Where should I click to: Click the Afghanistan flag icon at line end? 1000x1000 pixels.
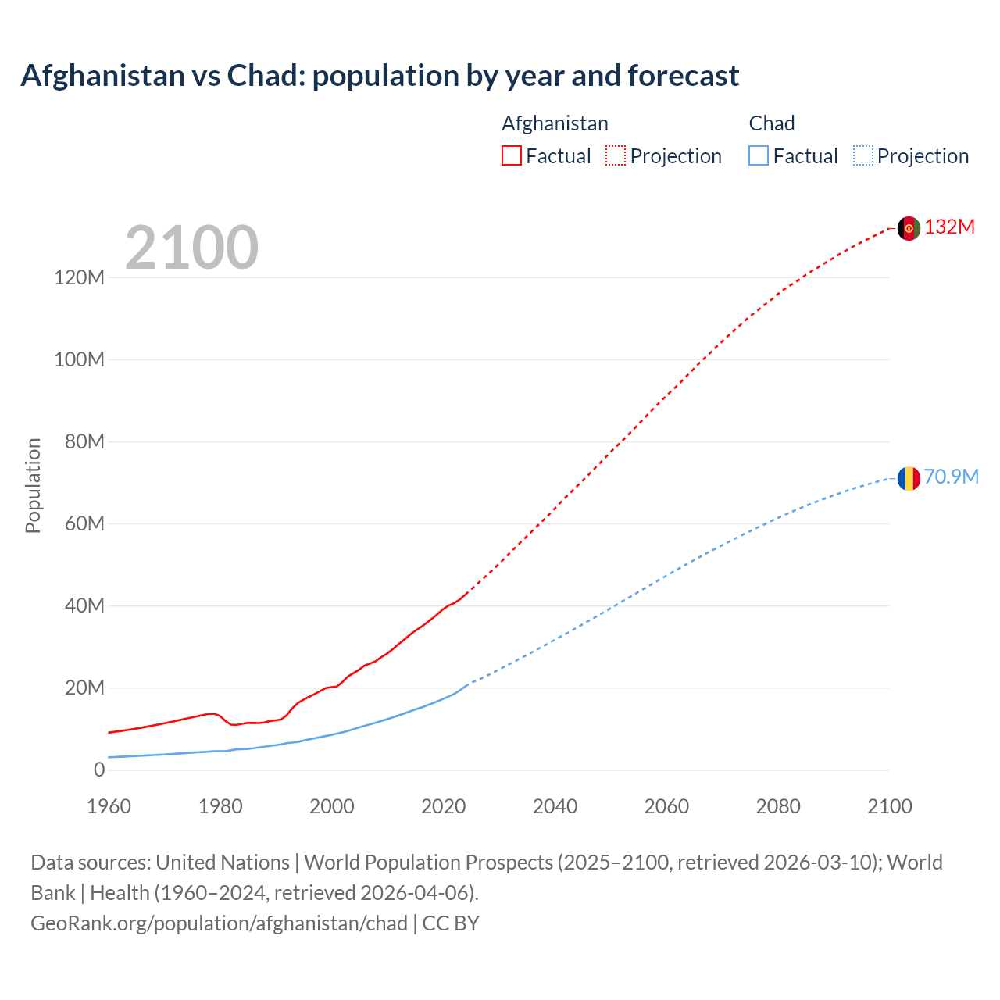point(908,228)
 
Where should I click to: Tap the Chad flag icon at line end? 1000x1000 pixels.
point(908,478)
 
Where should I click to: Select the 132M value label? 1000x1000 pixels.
point(949,227)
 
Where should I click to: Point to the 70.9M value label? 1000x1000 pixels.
point(951,477)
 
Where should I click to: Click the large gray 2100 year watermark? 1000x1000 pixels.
point(191,248)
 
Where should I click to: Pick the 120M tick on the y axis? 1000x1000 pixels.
point(79,277)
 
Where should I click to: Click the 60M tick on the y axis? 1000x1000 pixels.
point(84,523)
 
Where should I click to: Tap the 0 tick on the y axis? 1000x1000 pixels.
point(98,770)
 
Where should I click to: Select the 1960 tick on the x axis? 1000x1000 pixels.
point(109,806)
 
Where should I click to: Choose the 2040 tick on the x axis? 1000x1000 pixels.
point(555,806)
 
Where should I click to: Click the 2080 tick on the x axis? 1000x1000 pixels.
point(778,806)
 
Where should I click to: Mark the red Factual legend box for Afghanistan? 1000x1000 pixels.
point(511,155)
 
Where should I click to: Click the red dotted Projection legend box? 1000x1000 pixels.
point(616,155)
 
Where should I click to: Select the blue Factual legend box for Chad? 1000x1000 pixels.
point(758,155)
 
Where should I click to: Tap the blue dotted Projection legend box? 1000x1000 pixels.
point(863,155)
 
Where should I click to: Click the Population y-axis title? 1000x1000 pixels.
point(33,485)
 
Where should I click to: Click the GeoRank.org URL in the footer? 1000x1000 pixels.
point(219,923)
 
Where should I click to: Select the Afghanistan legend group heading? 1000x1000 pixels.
point(555,123)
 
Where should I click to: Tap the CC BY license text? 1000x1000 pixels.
point(451,923)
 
